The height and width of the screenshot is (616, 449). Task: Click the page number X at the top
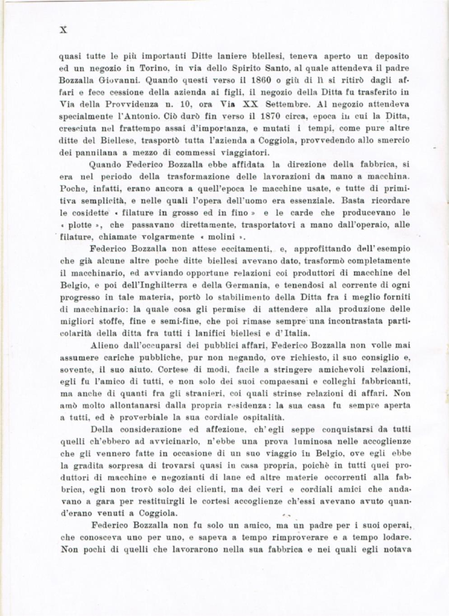pyautogui.click(x=63, y=29)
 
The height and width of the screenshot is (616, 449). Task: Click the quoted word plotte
pyautogui.click(x=78, y=224)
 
